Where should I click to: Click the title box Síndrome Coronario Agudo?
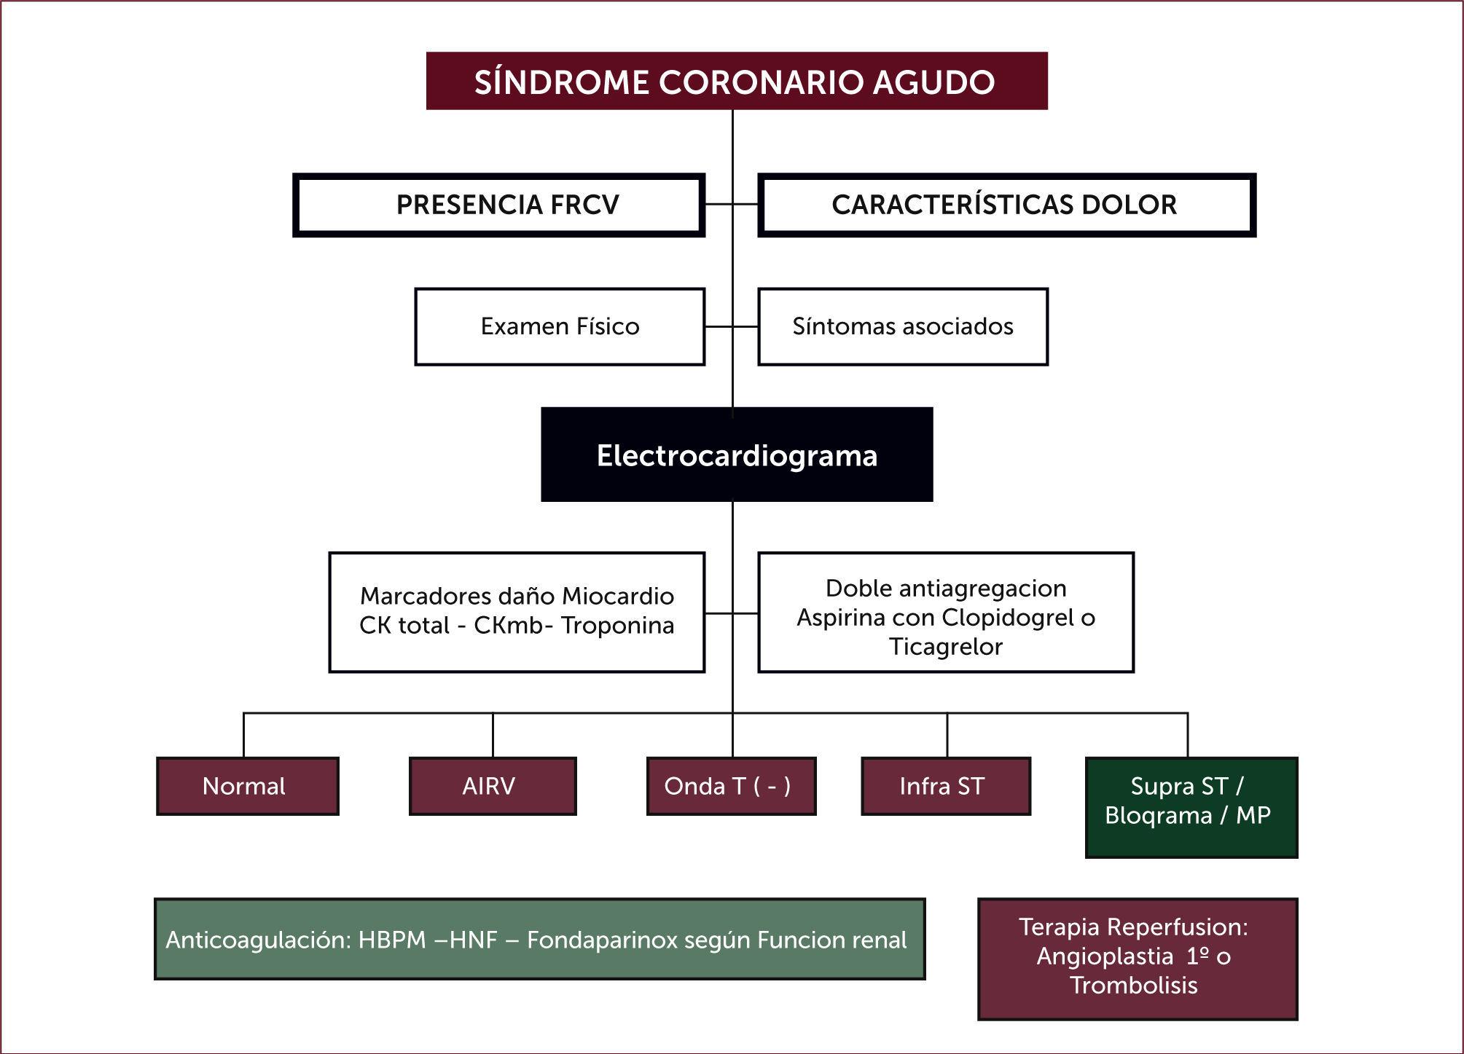click(736, 81)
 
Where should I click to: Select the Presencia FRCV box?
click(499, 205)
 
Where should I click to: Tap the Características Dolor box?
click(1006, 205)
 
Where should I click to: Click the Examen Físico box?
click(560, 326)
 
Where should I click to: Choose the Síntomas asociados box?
click(902, 326)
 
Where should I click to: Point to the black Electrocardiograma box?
click(737, 455)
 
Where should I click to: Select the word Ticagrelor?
click(945, 647)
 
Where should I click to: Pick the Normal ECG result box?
click(247, 786)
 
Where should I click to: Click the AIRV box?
click(492, 786)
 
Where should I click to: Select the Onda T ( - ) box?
click(730, 786)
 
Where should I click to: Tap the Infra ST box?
click(945, 786)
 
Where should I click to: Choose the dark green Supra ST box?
click(1191, 807)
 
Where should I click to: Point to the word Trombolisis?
click(1134, 986)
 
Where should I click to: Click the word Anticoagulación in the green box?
click(258, 940)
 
